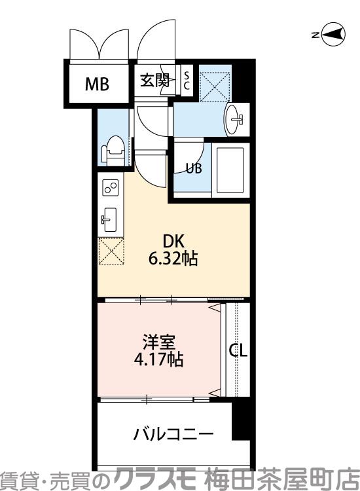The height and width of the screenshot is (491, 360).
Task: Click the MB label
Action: (96, 84)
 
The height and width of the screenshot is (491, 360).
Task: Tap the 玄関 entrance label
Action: (154, 81)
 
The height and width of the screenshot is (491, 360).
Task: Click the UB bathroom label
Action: (193, 168)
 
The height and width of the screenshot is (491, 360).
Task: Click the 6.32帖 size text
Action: (173, 259)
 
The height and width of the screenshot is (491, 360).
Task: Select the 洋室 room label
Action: (159, 342)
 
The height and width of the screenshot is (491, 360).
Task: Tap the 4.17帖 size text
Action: (159, 359)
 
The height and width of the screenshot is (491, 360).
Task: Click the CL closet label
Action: (238, 351)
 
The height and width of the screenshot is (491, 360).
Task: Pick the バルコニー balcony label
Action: (173, 433)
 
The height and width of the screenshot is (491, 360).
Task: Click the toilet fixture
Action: (113, 150)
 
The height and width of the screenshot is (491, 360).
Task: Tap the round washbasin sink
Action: (235, 120)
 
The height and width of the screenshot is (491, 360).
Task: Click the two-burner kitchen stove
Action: (109, 188)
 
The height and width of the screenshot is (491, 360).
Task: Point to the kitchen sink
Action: (109, 219)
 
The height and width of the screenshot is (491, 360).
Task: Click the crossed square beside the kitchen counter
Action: (111, 252)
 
